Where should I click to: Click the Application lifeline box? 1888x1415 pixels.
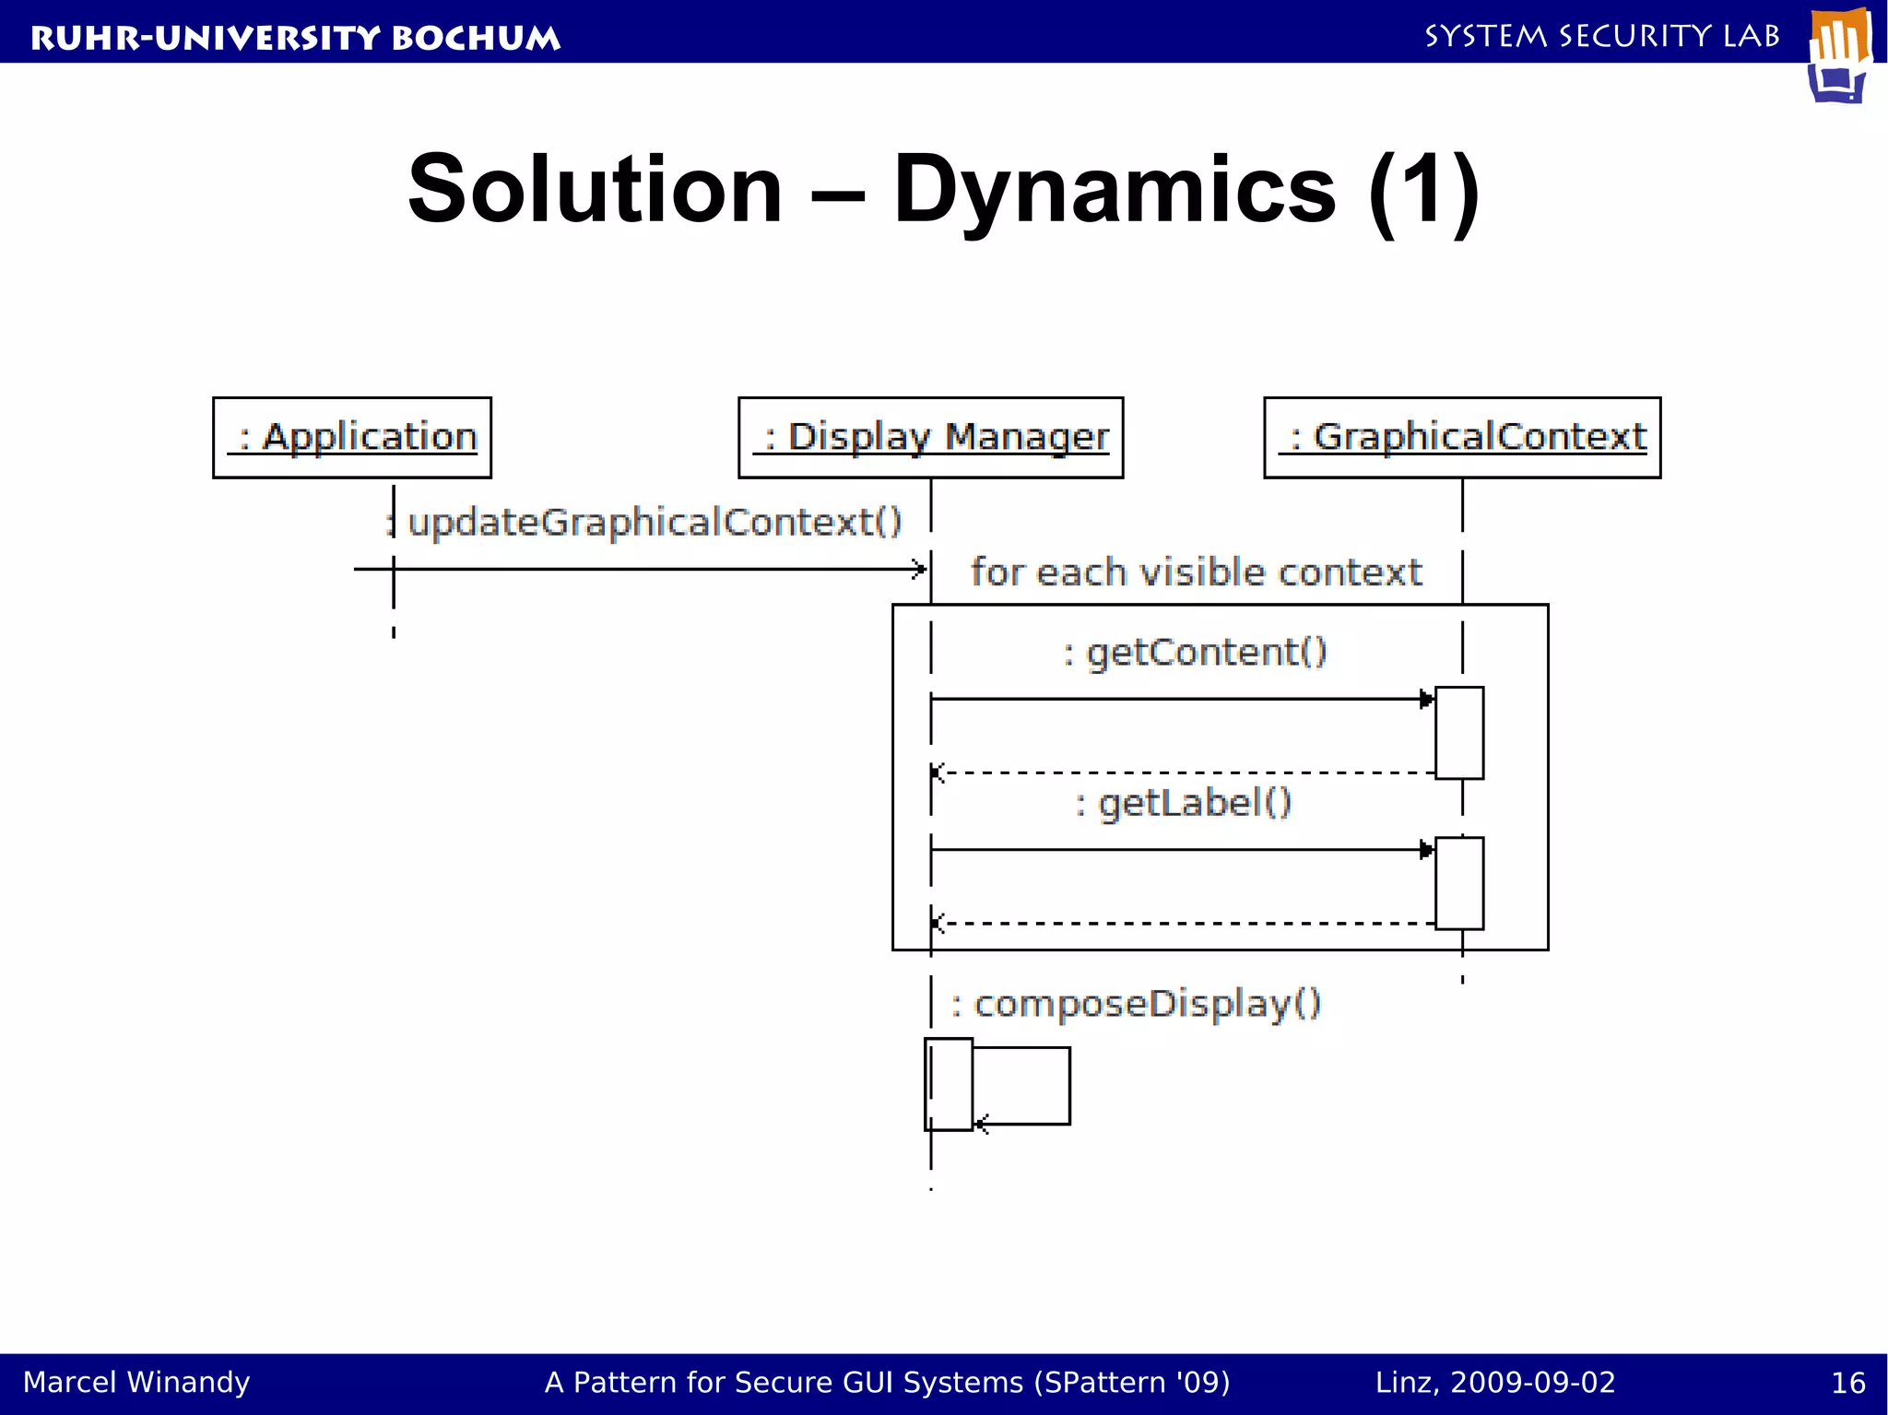[x=352, y=438]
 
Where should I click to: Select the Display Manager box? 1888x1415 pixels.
[x=930, y=438]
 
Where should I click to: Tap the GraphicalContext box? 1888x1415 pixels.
[x=1462, y=438]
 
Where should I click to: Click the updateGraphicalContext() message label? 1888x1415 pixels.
[x=653, y=523]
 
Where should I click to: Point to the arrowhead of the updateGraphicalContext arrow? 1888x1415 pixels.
[x=919, y=569]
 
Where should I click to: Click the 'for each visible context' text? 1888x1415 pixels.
[x=1196, y=572]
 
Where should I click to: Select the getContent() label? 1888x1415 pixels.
[x=1196, y=653]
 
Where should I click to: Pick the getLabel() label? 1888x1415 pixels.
[x=1184, y=803]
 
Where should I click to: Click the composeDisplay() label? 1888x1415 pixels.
[x=1136, y=1003]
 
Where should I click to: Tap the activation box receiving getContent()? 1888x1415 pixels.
[x=1459, y=733]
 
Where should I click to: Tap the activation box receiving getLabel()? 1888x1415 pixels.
[x=1459, y=883]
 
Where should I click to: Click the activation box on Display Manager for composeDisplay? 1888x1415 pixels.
[x=949, y=1084]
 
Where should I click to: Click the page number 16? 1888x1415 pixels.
[x=1847, y=1383]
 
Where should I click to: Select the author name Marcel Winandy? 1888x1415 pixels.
[x=136, y=1383]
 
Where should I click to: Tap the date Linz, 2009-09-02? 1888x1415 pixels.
[x=1495, y=1383]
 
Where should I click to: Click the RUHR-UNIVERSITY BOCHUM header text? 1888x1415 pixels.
[x=295, y=38]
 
